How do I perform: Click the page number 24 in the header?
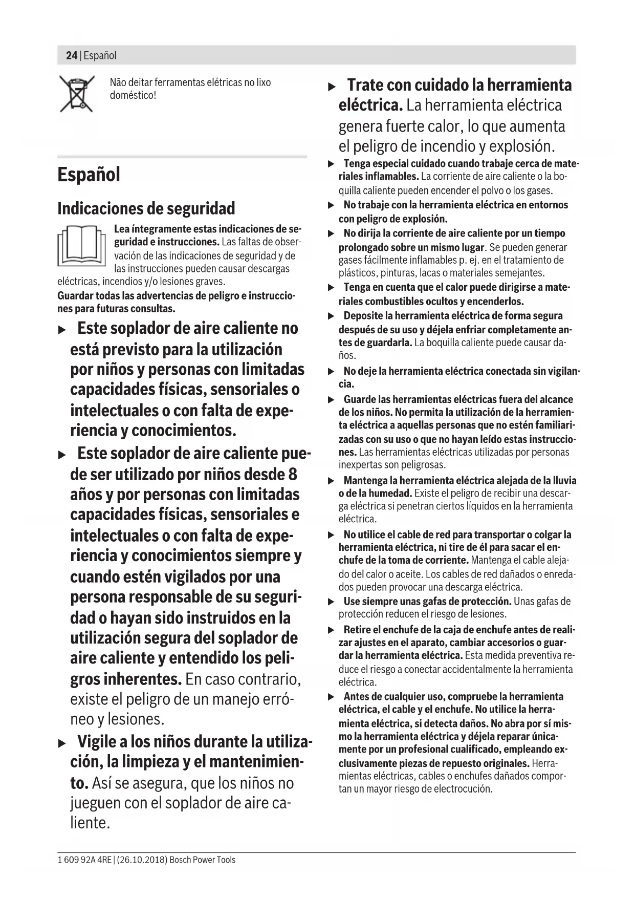(71, 55)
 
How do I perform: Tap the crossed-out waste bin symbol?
(77, 94)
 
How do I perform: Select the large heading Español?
(89, 175)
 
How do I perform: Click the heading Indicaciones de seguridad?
(146, 209)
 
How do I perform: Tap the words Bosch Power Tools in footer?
(203, 860)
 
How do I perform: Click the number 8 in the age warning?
(292, 474)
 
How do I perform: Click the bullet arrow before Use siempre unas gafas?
(331, 602)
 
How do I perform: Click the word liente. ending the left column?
(90, 823)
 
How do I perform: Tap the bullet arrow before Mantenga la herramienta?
(331, 481)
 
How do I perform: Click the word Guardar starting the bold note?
(75, 296)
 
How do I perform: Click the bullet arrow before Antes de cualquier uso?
(331, 697)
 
